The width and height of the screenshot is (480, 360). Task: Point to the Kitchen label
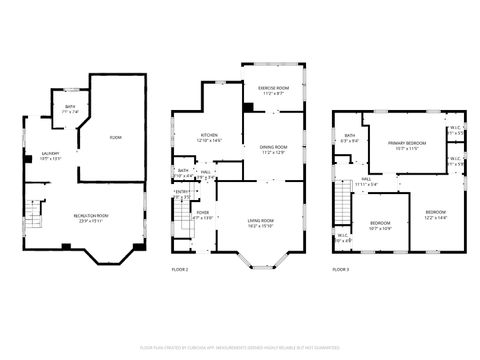coord(208,138)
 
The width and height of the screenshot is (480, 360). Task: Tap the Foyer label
coord(202,214)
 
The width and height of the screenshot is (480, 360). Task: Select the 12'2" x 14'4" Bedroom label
coord(436,214)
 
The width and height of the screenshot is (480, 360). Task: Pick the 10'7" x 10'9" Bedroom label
coord(381,225)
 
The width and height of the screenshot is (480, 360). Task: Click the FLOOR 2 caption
coord(179,270)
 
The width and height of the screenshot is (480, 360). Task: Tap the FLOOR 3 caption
coord(342,270)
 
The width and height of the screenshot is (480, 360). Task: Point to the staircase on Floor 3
coord(345,207)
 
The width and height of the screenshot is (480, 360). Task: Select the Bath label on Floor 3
coord(350,138)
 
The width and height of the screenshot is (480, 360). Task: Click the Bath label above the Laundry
coord(70,109)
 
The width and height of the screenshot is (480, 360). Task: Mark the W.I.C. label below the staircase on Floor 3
coord(343,239)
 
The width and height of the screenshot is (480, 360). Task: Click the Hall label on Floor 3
coord(366,182)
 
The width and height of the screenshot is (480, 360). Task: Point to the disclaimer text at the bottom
coord(240,346)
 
